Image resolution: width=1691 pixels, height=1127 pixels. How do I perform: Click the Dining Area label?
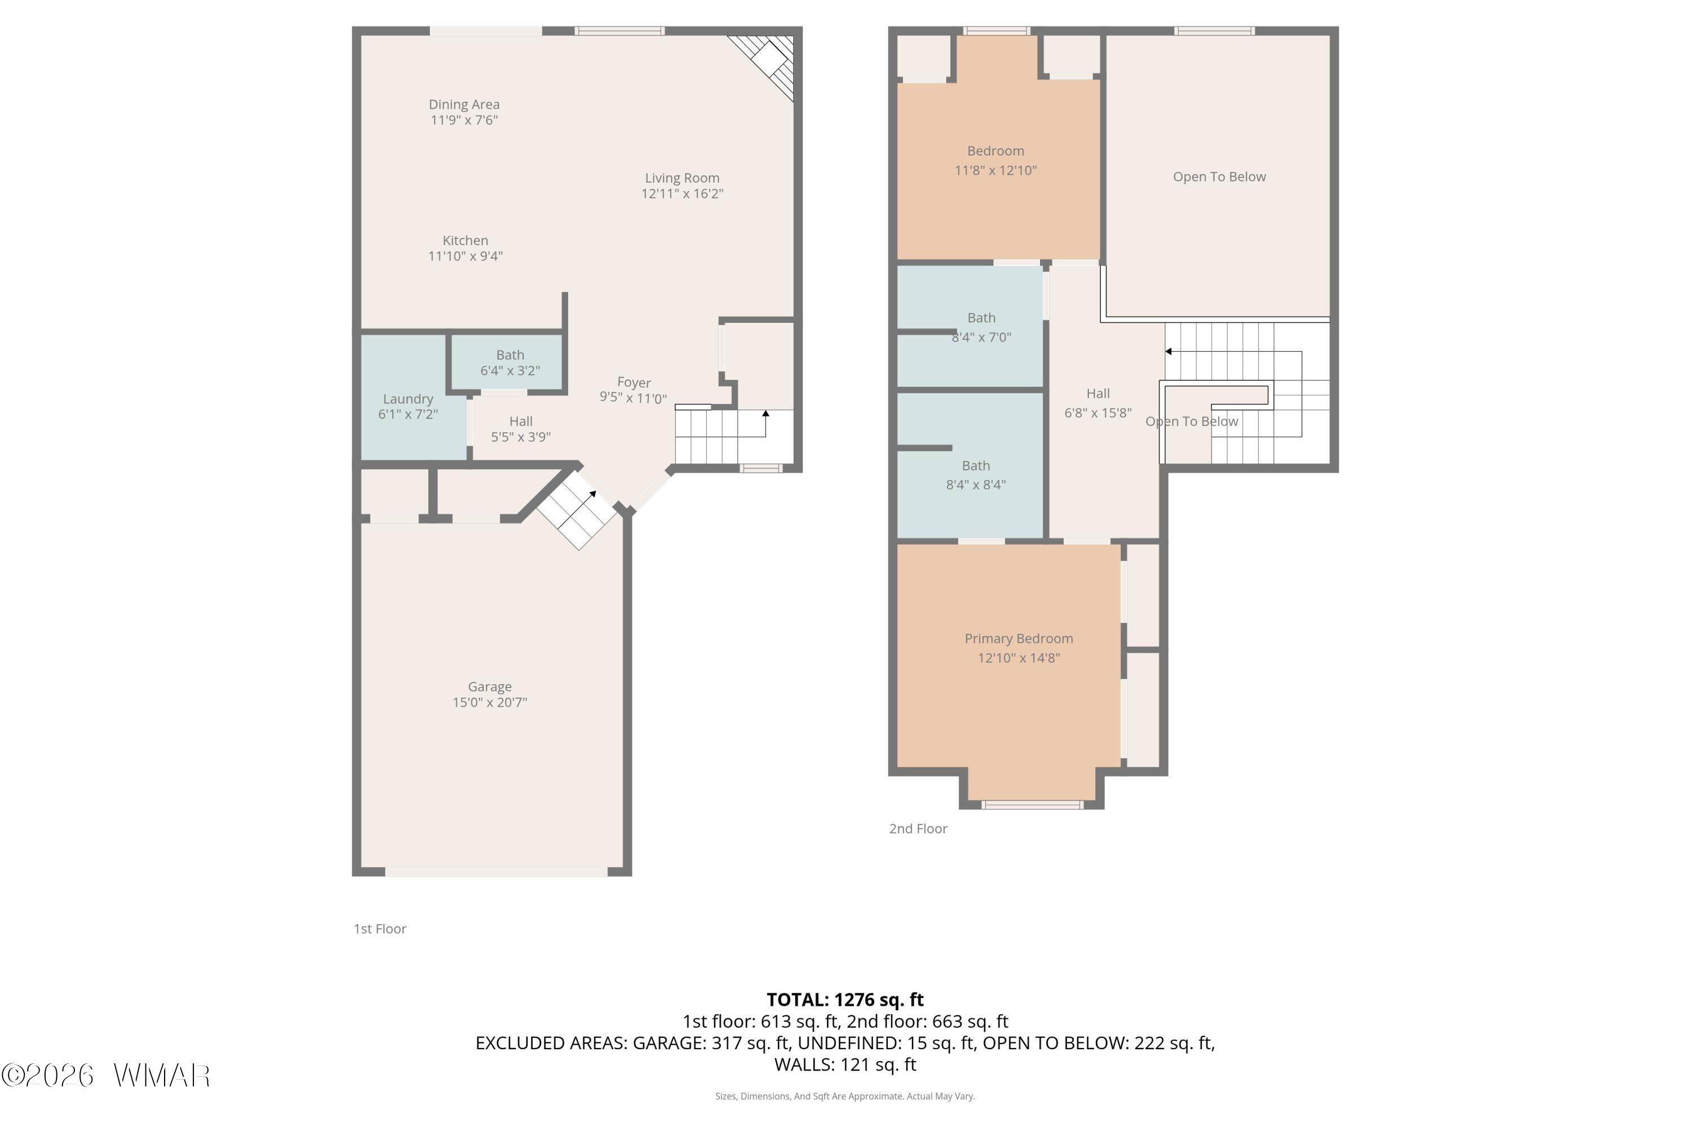464,105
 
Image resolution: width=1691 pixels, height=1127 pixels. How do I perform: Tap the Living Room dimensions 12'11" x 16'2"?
682,193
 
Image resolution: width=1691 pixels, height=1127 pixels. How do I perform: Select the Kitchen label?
465,241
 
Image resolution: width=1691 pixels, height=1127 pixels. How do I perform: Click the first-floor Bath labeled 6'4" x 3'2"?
507,363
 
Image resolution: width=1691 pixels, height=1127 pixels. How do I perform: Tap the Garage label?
490,687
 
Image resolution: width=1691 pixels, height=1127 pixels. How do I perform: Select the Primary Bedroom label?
1019,638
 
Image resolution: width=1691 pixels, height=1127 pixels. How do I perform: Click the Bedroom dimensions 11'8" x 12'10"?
996,170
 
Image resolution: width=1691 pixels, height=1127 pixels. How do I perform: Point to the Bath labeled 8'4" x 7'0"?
971,326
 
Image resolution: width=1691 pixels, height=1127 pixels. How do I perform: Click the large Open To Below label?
1219,177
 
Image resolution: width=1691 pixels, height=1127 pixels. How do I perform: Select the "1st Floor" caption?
379,929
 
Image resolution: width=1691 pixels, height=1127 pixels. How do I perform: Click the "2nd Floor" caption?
918,829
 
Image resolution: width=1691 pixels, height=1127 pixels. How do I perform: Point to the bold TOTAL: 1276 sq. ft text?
845,1000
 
